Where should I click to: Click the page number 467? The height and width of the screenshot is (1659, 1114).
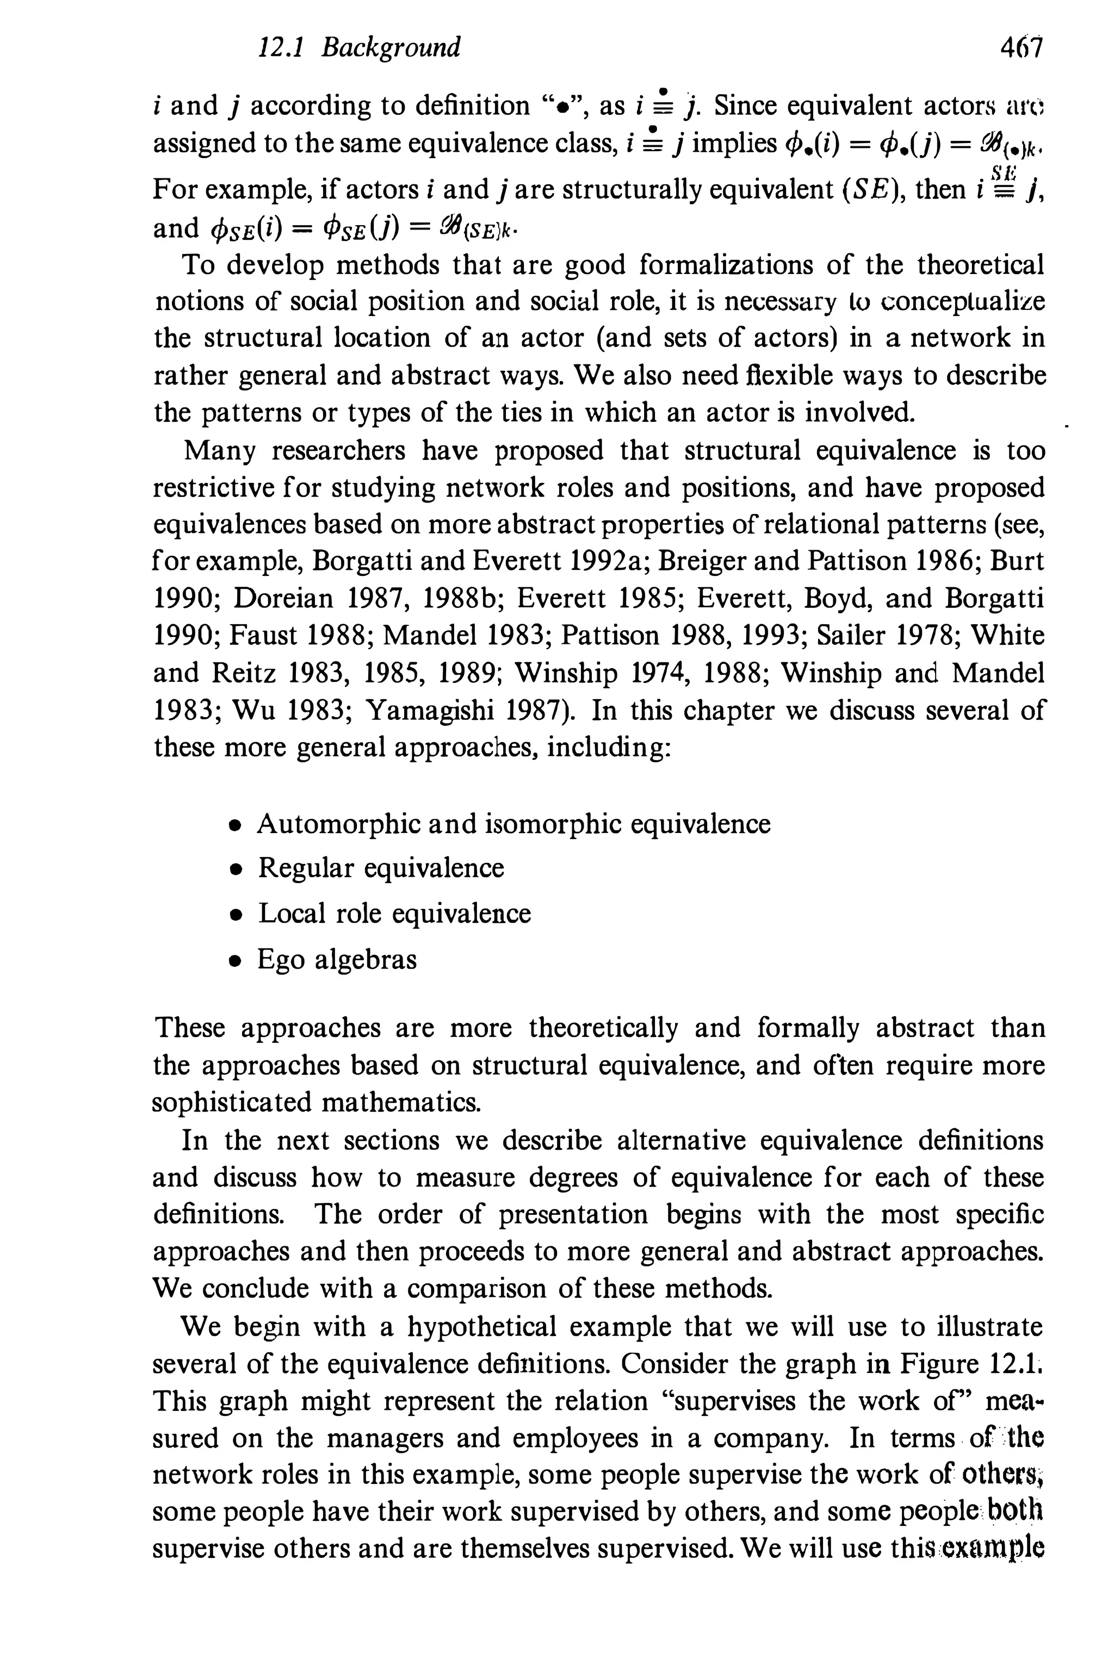[1020, 48]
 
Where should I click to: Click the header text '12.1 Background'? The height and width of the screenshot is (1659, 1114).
[359, 48]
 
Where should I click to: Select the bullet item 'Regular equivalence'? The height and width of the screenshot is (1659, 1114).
[381, 868]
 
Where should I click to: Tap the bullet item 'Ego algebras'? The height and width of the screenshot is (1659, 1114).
[337, 960]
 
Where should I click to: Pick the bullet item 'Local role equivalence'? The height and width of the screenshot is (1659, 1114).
[394, 914]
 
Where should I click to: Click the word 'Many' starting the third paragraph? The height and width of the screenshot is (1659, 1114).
[219, 450]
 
